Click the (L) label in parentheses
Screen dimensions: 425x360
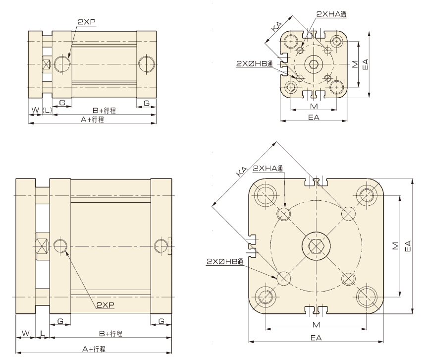(x=47, y=110)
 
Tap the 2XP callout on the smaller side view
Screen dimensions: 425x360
(x=87, y=22)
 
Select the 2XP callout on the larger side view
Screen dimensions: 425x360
(x=106, y=305)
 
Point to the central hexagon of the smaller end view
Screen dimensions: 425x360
(x=314, y=64)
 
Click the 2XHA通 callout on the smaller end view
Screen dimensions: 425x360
(x=331, y=14)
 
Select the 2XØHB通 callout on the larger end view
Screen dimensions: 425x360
(x=225, y=261)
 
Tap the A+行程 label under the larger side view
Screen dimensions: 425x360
(x=94, y=349)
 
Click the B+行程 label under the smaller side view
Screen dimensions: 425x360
(x=104, y=111)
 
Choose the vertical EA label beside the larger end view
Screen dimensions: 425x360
(x=408, y=246)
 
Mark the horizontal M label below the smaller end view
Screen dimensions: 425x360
(x=314, y=106)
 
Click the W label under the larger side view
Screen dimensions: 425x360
(x=25, y=333)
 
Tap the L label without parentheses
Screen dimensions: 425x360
(x=43, y=333)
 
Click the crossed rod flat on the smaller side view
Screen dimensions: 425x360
(x=47, y=64)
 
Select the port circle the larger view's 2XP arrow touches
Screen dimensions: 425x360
(x=60, y=246)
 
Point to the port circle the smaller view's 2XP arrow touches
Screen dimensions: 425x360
(x=62, y=64)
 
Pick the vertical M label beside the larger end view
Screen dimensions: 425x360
(x=395, y=246)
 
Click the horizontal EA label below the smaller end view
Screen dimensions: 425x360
(x=314, y=117)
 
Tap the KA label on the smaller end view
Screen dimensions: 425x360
(x=277, y=27)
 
